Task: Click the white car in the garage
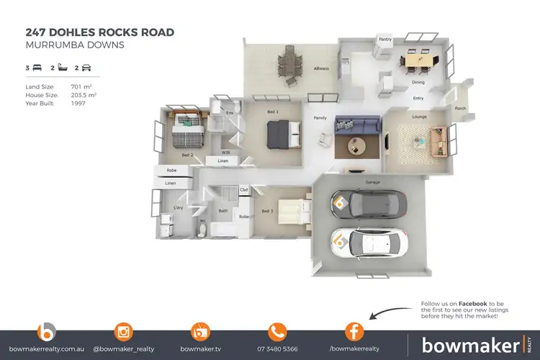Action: (369, 243)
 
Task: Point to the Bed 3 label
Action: (267, 211)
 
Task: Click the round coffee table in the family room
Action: (357, 147)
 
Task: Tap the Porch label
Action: (459, 109)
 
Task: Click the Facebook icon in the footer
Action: (354, 332)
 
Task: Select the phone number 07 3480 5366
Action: (277, 348)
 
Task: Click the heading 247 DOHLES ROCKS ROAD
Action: (99, 32)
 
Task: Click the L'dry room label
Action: (178, 209)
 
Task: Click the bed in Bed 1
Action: (280, 133)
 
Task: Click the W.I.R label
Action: (225, 153)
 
